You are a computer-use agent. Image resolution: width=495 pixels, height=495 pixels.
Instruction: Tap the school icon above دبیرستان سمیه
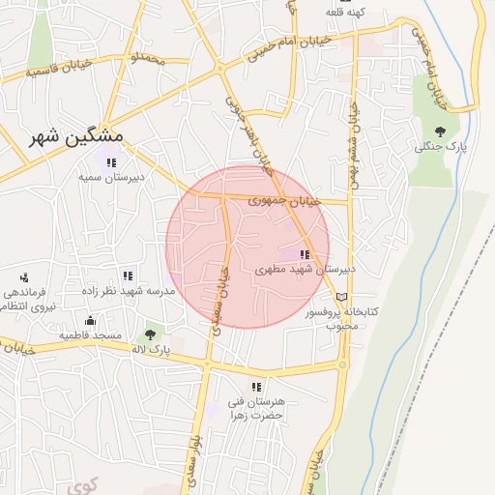click(x=113, y=161)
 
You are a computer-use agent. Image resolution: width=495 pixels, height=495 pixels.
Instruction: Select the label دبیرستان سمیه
click(x=112, y=178)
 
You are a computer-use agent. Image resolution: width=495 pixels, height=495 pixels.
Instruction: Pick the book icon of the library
click(x=340, y=296)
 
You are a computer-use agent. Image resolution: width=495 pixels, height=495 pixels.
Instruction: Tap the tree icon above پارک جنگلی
click(x=441, y=131)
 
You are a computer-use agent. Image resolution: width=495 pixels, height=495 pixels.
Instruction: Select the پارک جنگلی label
click(x=441, y=147)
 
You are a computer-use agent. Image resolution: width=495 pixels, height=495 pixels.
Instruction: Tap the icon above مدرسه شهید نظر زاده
click(x=128, y=276)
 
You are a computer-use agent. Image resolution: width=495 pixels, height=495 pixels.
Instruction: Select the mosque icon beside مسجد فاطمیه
click(x=90, y=321)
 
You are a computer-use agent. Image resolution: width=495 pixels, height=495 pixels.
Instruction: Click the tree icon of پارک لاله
click(x=149, y=334)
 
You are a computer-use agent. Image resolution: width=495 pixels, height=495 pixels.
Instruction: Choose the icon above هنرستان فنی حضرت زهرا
click(x=256, y=387)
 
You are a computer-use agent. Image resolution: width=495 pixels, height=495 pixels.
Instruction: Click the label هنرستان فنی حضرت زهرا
click(x=256, y=407)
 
